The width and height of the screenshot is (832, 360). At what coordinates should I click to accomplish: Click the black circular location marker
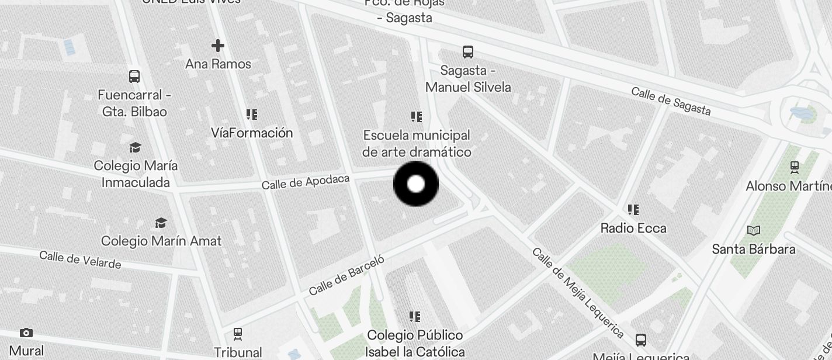coord(416,184)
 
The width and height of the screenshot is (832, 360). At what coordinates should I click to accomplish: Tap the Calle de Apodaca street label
coord(305,182)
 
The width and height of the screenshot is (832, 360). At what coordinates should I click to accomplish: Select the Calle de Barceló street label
coord(346,275)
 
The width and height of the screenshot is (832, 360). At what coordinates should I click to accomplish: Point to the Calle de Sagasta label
coord(671,102)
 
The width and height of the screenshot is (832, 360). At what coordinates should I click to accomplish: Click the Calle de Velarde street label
coord(80,259)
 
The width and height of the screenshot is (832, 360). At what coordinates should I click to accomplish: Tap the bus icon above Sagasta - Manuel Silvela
coord(468,51)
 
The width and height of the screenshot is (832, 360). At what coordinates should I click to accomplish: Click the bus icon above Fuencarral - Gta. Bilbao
coord(134,77)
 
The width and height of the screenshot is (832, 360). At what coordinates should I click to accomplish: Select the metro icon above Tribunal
coord(237,334)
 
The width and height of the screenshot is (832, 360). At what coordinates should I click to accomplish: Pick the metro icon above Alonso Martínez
coord(795,167)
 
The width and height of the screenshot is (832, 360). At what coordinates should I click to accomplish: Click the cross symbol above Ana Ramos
coord(218,46)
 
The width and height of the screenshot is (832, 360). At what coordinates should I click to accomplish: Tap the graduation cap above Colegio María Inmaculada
coord(136,147)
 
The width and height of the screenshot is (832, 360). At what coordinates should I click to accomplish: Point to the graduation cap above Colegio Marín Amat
coord(161,223)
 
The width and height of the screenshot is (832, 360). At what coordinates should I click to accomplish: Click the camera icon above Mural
coord(26,333)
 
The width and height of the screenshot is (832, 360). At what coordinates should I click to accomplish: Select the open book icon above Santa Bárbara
coord(754,230)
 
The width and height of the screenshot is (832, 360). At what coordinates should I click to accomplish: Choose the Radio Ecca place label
coord(633,228)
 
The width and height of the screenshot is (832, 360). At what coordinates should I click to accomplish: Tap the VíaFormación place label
coord(252,133)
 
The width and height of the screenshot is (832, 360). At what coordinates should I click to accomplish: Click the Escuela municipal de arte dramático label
coord(417,143)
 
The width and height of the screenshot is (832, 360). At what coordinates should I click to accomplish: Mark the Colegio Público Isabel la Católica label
coord(415,343)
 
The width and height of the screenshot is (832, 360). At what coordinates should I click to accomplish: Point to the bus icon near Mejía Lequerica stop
coord(641,340)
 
